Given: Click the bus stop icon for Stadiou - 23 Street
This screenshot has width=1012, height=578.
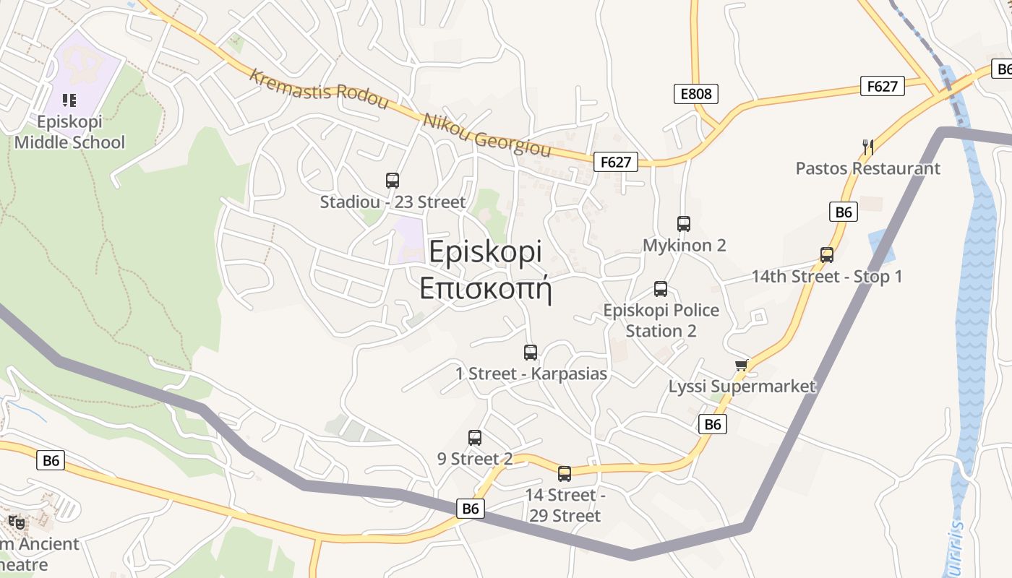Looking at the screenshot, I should [x=393, y=181].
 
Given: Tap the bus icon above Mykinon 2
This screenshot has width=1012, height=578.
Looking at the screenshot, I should [x=684, y=224].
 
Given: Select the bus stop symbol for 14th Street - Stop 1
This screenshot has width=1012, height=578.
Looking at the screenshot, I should [x=827, y=255].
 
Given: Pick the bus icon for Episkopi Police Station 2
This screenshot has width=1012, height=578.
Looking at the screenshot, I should [x=661, y=289].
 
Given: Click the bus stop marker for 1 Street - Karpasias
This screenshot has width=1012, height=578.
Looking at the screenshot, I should [x=531, y=353].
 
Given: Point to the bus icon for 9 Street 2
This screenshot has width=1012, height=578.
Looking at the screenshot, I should [x=475, y=438].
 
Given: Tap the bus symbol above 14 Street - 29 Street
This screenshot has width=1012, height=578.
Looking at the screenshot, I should [x=565, y=474].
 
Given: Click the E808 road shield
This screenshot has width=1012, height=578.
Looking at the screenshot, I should [x=696, y=93].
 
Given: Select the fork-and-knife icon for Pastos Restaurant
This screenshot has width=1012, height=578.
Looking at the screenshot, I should [x=868, y=147].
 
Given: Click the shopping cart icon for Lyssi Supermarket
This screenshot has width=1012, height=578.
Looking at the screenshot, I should [x=741, y=366].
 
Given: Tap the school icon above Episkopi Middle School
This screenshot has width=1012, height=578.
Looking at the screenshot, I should [x=69, y=100].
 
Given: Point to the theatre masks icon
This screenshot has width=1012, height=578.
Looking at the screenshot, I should [x=17, y=522].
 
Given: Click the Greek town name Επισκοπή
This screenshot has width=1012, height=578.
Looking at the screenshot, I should [x=486, y=288].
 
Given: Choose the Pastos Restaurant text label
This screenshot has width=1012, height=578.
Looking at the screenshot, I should [x=868, y=168].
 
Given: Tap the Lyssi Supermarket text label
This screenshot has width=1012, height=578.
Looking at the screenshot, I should [x=742, y=387].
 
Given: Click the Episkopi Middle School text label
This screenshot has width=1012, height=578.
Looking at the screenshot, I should [x=69, y=132].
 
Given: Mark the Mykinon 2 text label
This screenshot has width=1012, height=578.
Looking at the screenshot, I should [x=685, y=246].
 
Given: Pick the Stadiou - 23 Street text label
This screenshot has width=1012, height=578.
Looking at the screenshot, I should [x=393, y=202].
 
